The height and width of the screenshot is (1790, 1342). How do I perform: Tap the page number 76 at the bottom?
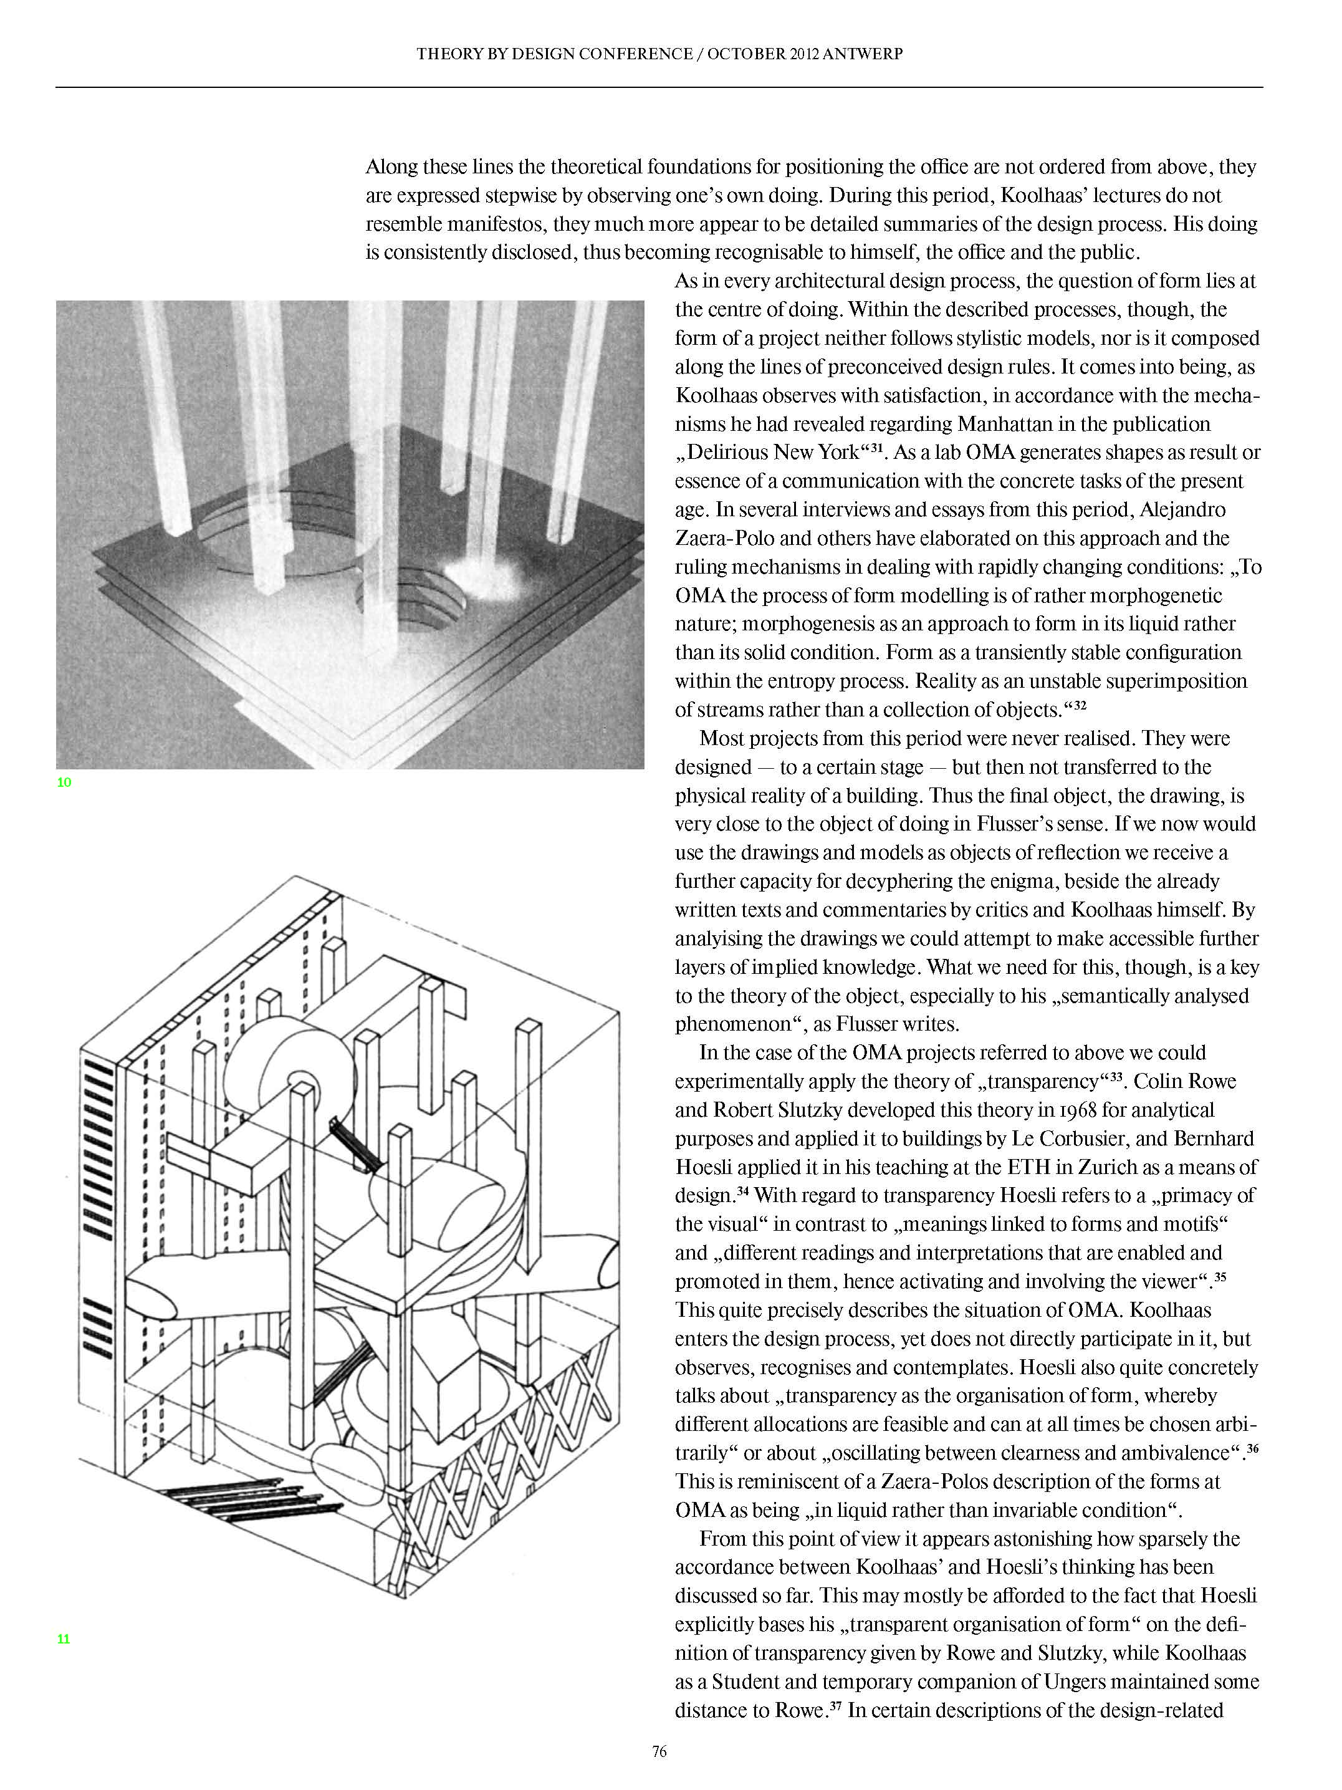point(659,1751)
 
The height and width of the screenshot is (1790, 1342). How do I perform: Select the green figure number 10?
point(64,782)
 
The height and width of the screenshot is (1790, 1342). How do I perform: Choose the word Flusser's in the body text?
point(1016,824)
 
